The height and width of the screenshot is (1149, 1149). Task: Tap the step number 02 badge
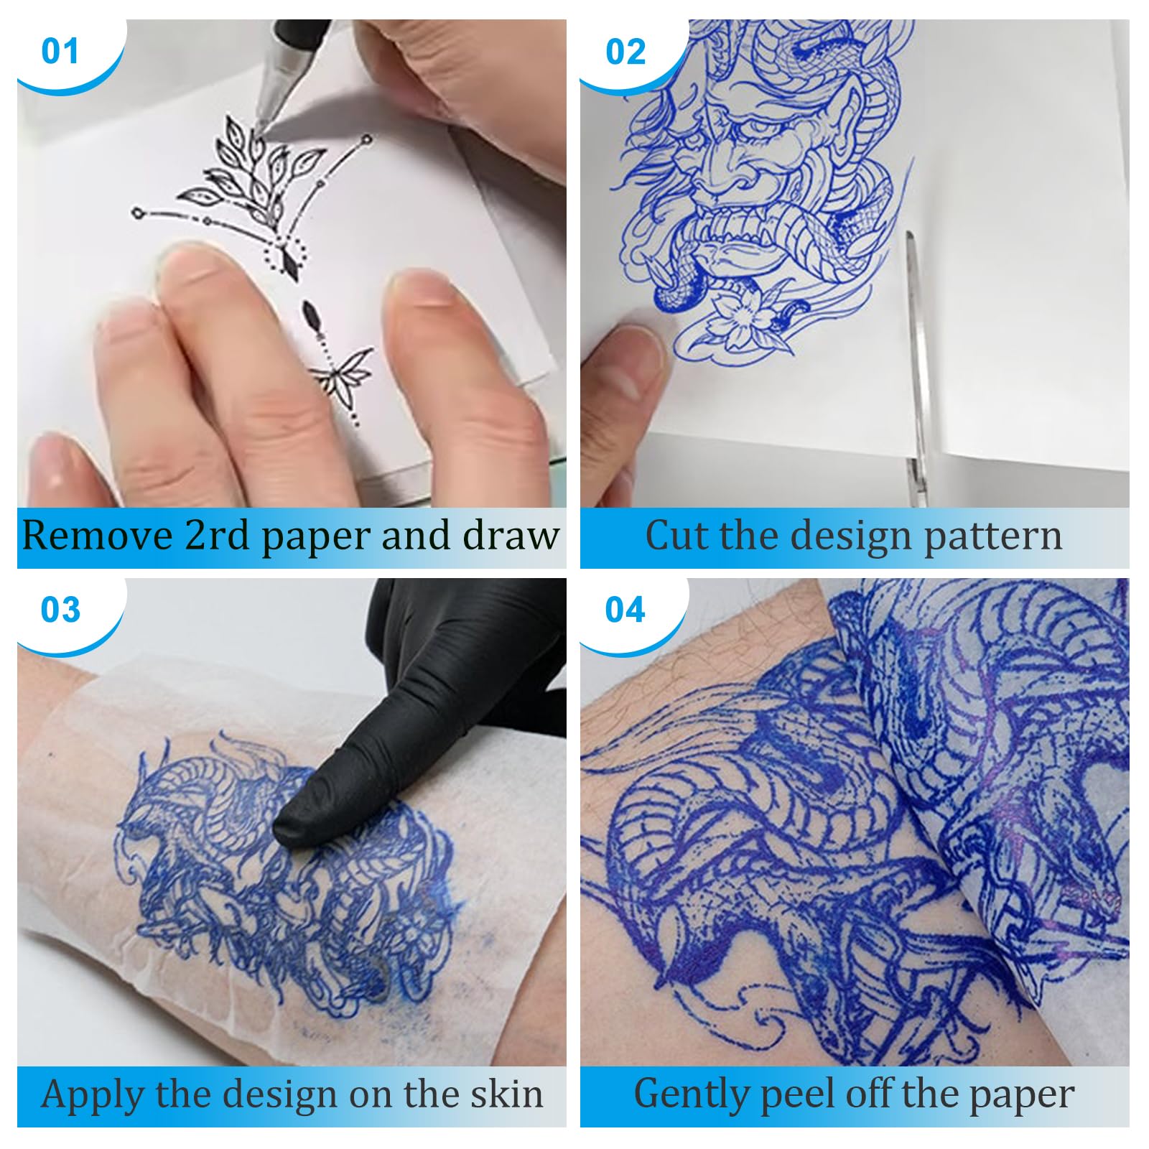[x=625, y=52]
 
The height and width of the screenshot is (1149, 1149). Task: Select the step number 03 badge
[x=60, y=610]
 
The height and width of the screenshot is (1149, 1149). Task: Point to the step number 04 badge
[x=625, y=610]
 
